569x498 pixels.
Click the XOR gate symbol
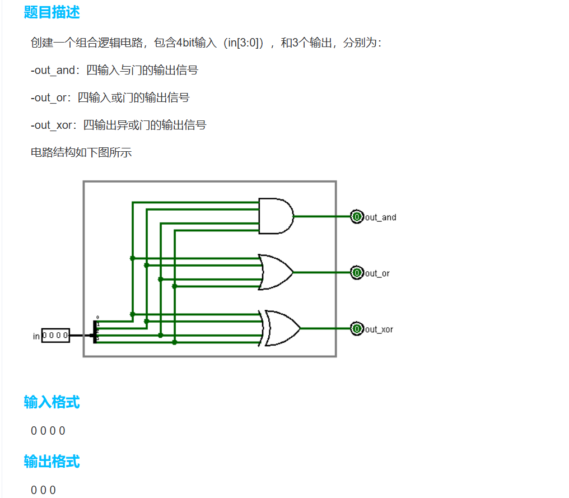(282, 328)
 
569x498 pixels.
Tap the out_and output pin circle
(357, 216)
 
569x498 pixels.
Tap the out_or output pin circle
(357, 273)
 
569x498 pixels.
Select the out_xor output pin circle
(357, 329)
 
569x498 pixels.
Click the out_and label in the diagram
(381, 217)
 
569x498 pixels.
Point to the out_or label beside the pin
(377, 273)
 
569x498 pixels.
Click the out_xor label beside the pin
(379, 329)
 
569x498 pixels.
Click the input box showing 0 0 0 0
(55, 336)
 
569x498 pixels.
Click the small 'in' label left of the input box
(36, 336)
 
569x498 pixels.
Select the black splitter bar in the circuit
(95, 332)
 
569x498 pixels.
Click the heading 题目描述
(52, 12)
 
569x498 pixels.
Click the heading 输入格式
(52, 402)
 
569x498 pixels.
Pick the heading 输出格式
(52, 461)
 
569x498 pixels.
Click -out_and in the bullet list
(53, 71)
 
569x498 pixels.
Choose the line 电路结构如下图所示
(81, 152)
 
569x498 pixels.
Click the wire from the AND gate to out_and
(322, 216)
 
